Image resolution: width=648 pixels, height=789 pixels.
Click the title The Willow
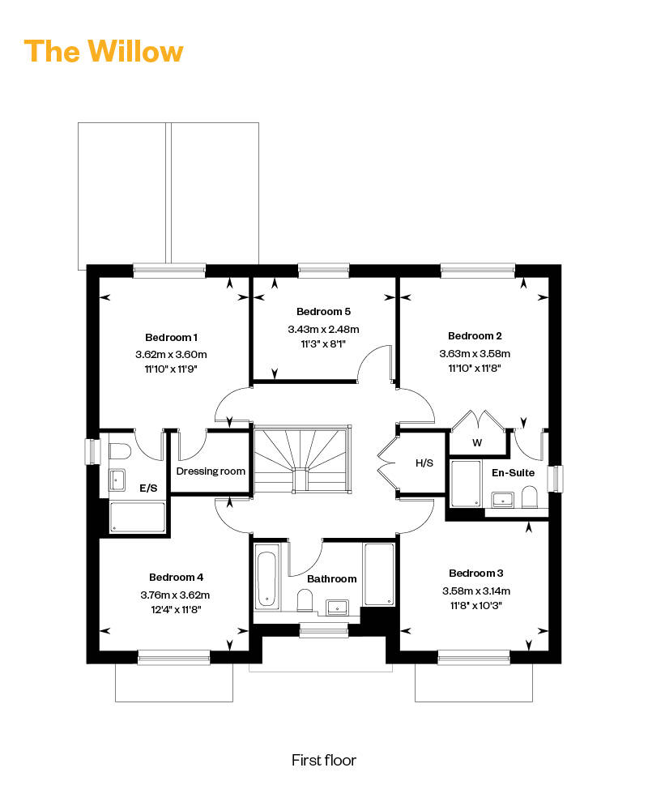pos(104,51)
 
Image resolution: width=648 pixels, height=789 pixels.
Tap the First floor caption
pos(323,760)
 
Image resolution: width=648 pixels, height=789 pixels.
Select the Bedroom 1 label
pos(171,337)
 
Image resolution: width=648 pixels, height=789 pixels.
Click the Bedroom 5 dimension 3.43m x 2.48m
pos(323,329)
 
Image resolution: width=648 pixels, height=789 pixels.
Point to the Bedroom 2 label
pos(475,335)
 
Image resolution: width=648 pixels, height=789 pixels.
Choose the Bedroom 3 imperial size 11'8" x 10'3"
pos(476,605)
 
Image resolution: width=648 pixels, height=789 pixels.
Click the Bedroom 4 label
pos(176,577)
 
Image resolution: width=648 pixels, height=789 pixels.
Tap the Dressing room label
pos(211,471)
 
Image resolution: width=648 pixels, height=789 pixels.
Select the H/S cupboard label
pos(424,463)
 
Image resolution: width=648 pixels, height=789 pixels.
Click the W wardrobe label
pos(477,443)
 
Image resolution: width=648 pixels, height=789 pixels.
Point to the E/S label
pos(148,488)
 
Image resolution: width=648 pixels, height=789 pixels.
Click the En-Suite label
pos(514,472)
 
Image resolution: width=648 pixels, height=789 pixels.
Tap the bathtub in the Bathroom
pos(266,579)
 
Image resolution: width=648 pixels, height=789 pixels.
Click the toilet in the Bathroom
pos(305,600)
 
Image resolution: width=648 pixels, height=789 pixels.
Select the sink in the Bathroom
pos(337,608)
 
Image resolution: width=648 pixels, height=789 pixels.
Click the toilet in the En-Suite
pos(529,497)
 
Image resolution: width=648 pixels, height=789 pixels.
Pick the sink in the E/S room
pos(117,480)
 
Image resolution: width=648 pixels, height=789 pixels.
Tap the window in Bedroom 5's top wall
pos(323,271)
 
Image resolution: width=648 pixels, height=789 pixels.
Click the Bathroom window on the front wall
pos(323,630)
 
